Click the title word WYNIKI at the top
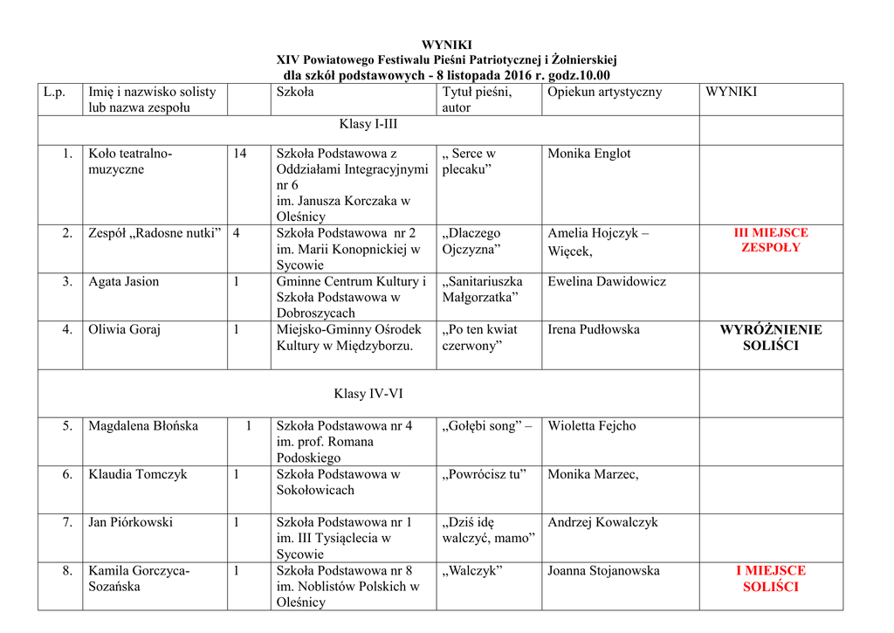click(x=446, y=45)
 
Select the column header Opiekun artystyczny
click(x=604, y=92)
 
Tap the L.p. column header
click(x=54, y=92)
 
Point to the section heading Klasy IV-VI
click(x=368, y=394)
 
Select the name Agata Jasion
click(x=123, y=282)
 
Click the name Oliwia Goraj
click(x=124, y=330)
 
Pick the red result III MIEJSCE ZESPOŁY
click(x=771, y=240)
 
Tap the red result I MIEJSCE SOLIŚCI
click(x=771, y=579)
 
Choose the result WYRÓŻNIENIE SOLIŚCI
click(x=771, y=338)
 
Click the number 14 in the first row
click(x=239, y=154)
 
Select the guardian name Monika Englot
click(x=588, y=154)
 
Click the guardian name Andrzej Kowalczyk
click(x=602, y=523)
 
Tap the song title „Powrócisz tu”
click(x=485, y=475)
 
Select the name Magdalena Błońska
click(x=143, y=426)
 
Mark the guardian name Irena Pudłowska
click(x=594, y=330)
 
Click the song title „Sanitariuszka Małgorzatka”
click(x=482, y=290)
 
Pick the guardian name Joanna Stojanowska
click(x=603, y=571)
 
